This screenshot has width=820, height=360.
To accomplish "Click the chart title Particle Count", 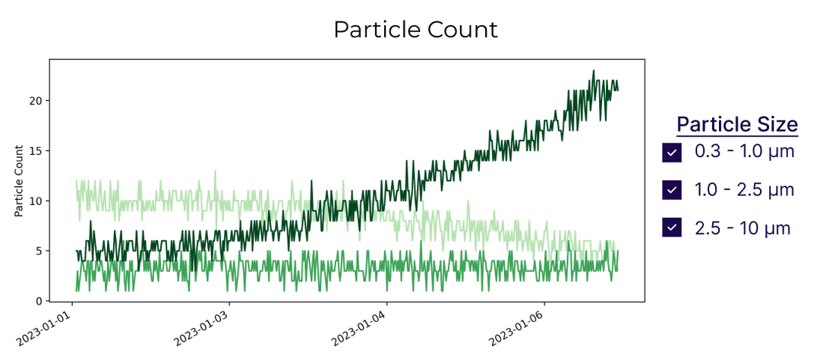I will (415, 30).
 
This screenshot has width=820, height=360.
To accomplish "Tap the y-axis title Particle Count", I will (19, 181).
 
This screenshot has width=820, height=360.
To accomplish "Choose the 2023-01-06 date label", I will (521, 327).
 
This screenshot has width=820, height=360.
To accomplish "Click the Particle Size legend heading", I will (736, 125).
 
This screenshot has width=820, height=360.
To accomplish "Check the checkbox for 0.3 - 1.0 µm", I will (671, 153).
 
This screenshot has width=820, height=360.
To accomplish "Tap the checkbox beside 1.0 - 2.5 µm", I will (671, 190).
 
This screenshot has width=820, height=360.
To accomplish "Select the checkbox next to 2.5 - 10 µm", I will (671, 227).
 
